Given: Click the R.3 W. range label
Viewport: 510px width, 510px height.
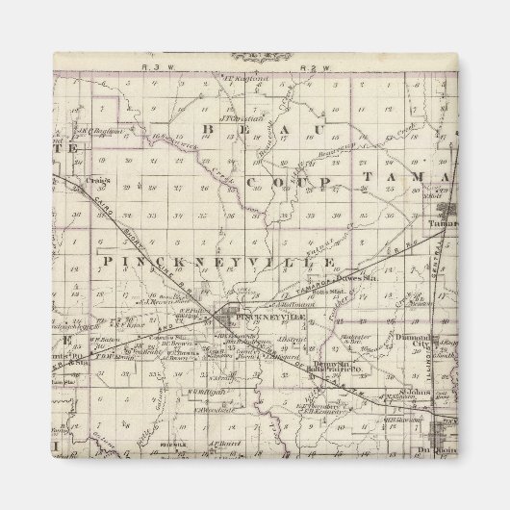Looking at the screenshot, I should pos(147,68).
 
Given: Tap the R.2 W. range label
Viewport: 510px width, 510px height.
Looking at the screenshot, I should pos(306,68).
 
